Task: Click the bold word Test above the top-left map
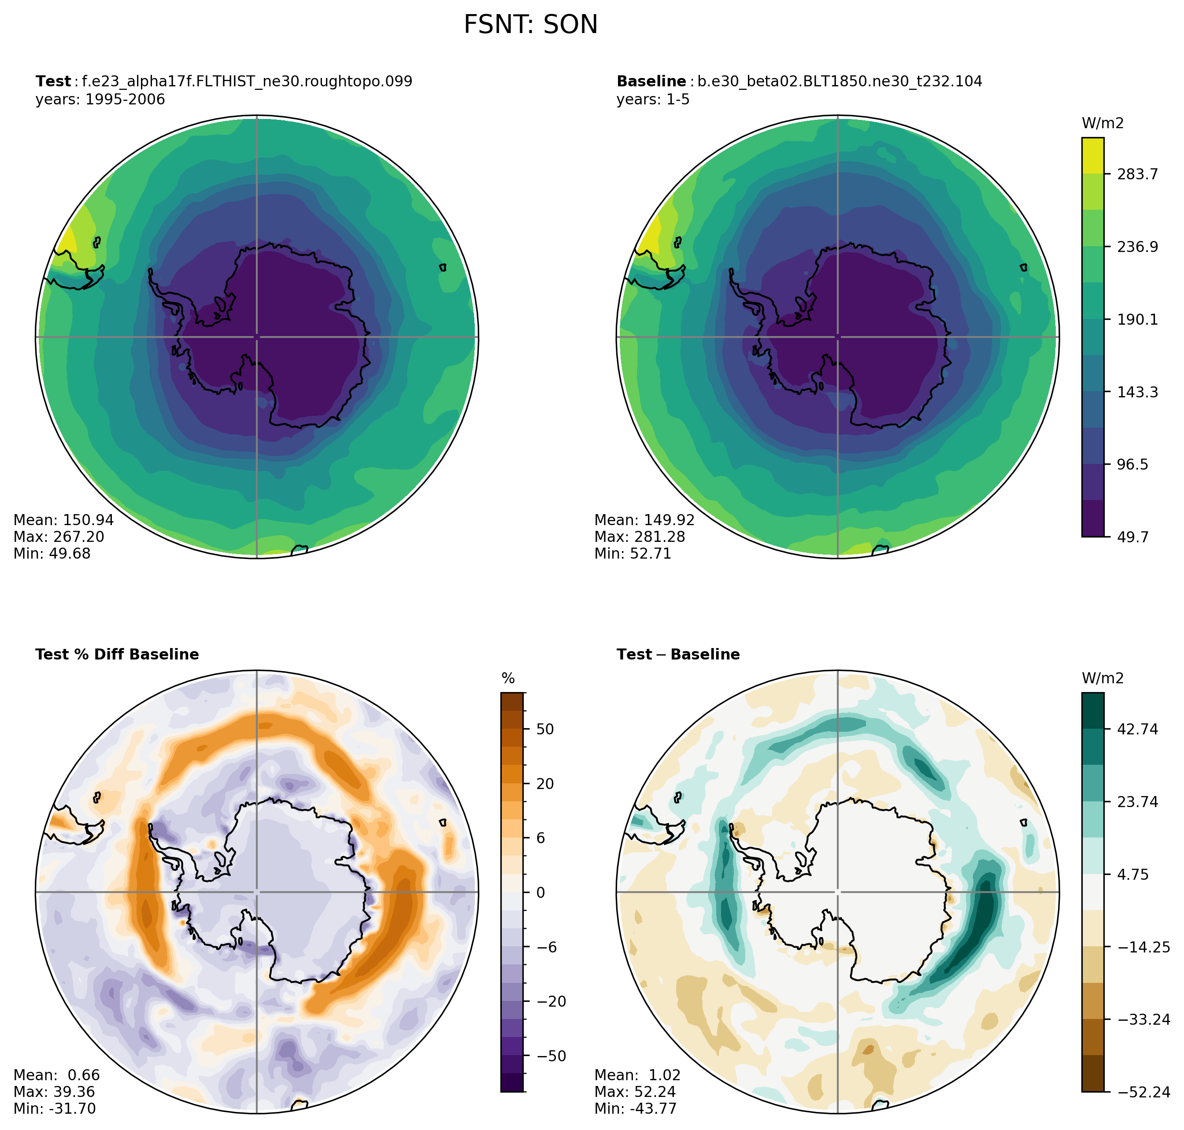point(53,82)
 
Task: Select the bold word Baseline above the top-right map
point(651,82)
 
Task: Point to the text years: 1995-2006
point(100,100)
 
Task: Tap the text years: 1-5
point(653,100)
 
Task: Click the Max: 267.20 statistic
point(59,537)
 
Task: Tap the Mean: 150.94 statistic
point(63,520)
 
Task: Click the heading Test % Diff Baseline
point(117,655)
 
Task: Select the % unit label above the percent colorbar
point(508,679)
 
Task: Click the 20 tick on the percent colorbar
point(544,784)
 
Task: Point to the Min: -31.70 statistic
point(54,1109)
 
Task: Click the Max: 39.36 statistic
point(54,1092)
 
